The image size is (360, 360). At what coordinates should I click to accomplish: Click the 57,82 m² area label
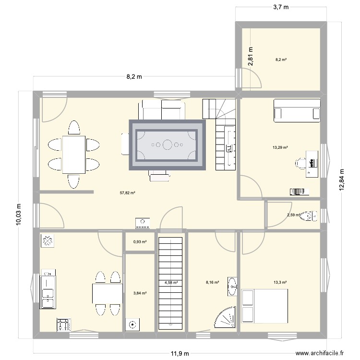pos(127,193)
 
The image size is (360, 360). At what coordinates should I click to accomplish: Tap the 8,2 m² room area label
pos(281,60)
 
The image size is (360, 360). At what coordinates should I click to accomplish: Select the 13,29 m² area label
pos(280,148)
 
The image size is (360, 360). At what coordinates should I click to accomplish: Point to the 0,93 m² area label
pos(140,242)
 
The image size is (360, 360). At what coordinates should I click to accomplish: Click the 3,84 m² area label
pos(140,293)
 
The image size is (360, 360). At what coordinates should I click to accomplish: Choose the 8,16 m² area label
pos(212,282)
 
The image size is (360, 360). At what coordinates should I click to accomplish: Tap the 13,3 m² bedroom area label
pos(280,282)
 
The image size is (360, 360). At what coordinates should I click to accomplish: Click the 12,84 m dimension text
pos(342,180)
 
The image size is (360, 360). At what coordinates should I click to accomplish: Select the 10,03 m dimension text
pos(18,214)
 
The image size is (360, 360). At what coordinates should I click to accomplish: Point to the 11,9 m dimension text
pos(180,353)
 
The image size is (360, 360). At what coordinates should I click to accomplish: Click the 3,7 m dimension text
pos(281,7)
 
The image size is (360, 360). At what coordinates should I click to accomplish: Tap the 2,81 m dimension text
pos(250,56)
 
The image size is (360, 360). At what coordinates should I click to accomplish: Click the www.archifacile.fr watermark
pos(320,353)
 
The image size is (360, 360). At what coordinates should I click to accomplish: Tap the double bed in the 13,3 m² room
pos(264,306)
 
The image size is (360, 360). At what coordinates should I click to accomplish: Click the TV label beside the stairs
pos(229,149)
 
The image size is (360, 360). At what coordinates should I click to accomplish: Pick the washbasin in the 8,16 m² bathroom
pos(232,286)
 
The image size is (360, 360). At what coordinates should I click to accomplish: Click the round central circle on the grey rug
pos(167,144)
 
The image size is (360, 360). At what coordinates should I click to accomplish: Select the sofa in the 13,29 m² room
pos(297,110)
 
